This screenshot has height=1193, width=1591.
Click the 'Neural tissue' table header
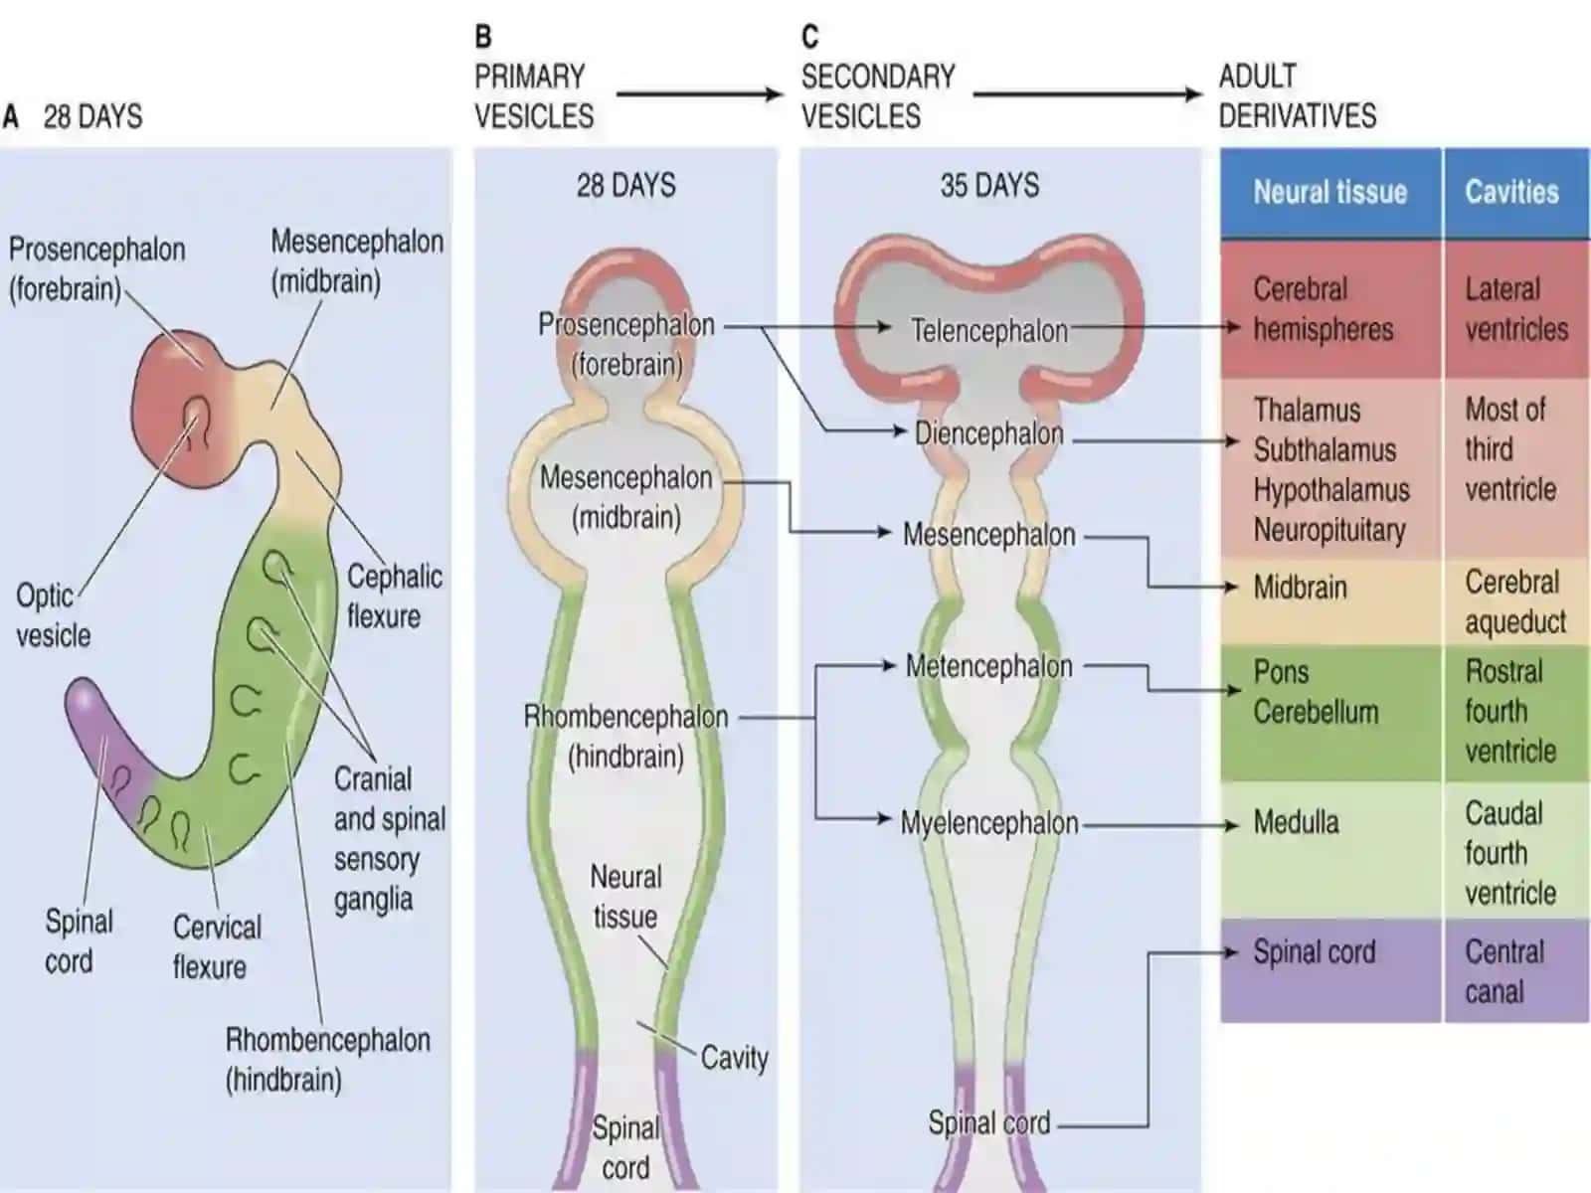pyautogui.click(x=1330, y=193)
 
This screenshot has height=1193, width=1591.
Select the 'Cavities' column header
pyautogui.click(x=1512, y=192)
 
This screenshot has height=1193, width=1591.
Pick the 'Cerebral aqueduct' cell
pyautogui.click(x=1514, y=601)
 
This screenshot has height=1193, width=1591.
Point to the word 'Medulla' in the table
pyautogui.click(x=1296, y=822)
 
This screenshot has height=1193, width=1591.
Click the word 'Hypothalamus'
pyautogui.click(x=1331, y=490)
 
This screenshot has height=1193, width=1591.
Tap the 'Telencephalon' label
pyautogui.click(x=989, y=331)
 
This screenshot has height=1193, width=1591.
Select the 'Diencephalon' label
pyautogui.click(x=988, y=433)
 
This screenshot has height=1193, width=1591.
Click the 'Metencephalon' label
pyautogui.click(x=988, y=666)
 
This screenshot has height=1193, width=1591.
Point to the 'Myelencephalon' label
pyautogui.click(x=989, y=823)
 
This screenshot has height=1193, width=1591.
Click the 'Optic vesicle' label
pyautogui.click(x=53, y=615)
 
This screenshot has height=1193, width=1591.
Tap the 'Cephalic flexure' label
pyautogui.click(x=395, y=596)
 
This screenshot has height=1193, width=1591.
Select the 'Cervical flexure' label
pyautogui.click(x=217, y=947)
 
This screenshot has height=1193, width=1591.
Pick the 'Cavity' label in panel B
pyautogui.click(x=734, y=1058)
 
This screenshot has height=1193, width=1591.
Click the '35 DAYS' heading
pyautogui.click(x=989, y=186)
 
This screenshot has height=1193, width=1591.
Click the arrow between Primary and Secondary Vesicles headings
pyautogui.click(x=699, y=94)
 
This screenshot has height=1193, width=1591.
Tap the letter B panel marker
pyautogui.click(x=482, y=37)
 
